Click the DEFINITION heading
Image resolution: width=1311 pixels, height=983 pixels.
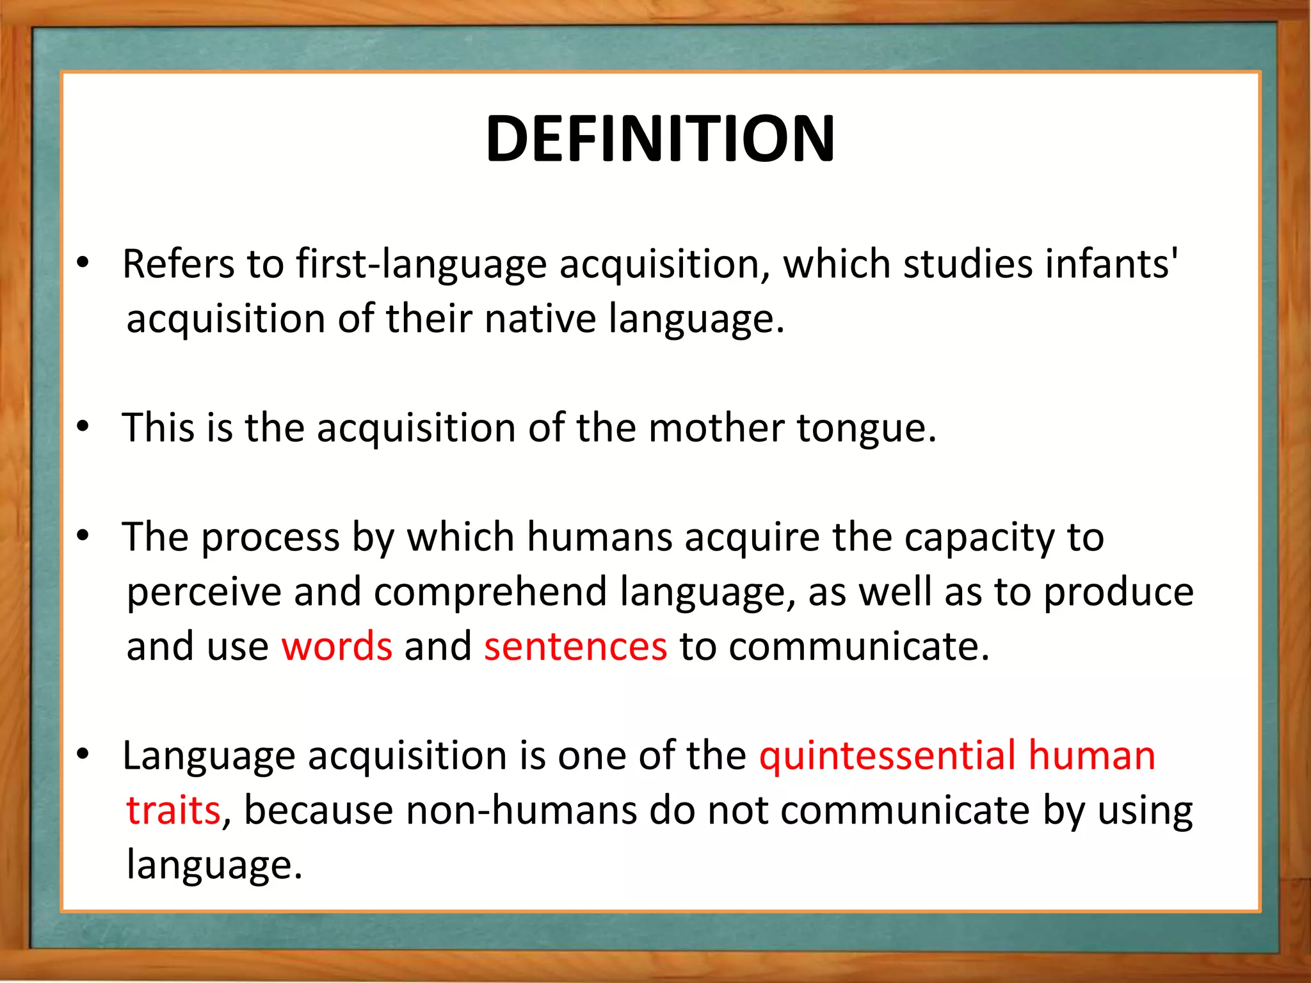pyautogui.click(x=660, y=139)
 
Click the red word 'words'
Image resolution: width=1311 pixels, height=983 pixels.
pyautogui.click(x=337, y=646)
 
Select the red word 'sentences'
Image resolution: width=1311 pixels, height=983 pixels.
pyautogui.click(x=575, y=646)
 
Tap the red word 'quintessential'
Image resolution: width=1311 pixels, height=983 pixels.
pyautogui.click(x=887, y=756)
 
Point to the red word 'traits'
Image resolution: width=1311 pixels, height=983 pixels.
pyautogui.click(x=173, y=810)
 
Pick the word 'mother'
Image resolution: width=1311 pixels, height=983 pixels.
pyautogui.click(x=716, y=428)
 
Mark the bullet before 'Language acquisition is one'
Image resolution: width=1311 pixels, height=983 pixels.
pyautogui.click(x=82, y=755)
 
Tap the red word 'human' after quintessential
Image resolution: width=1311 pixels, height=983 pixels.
pyautogui.click(x=1091, y=756)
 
